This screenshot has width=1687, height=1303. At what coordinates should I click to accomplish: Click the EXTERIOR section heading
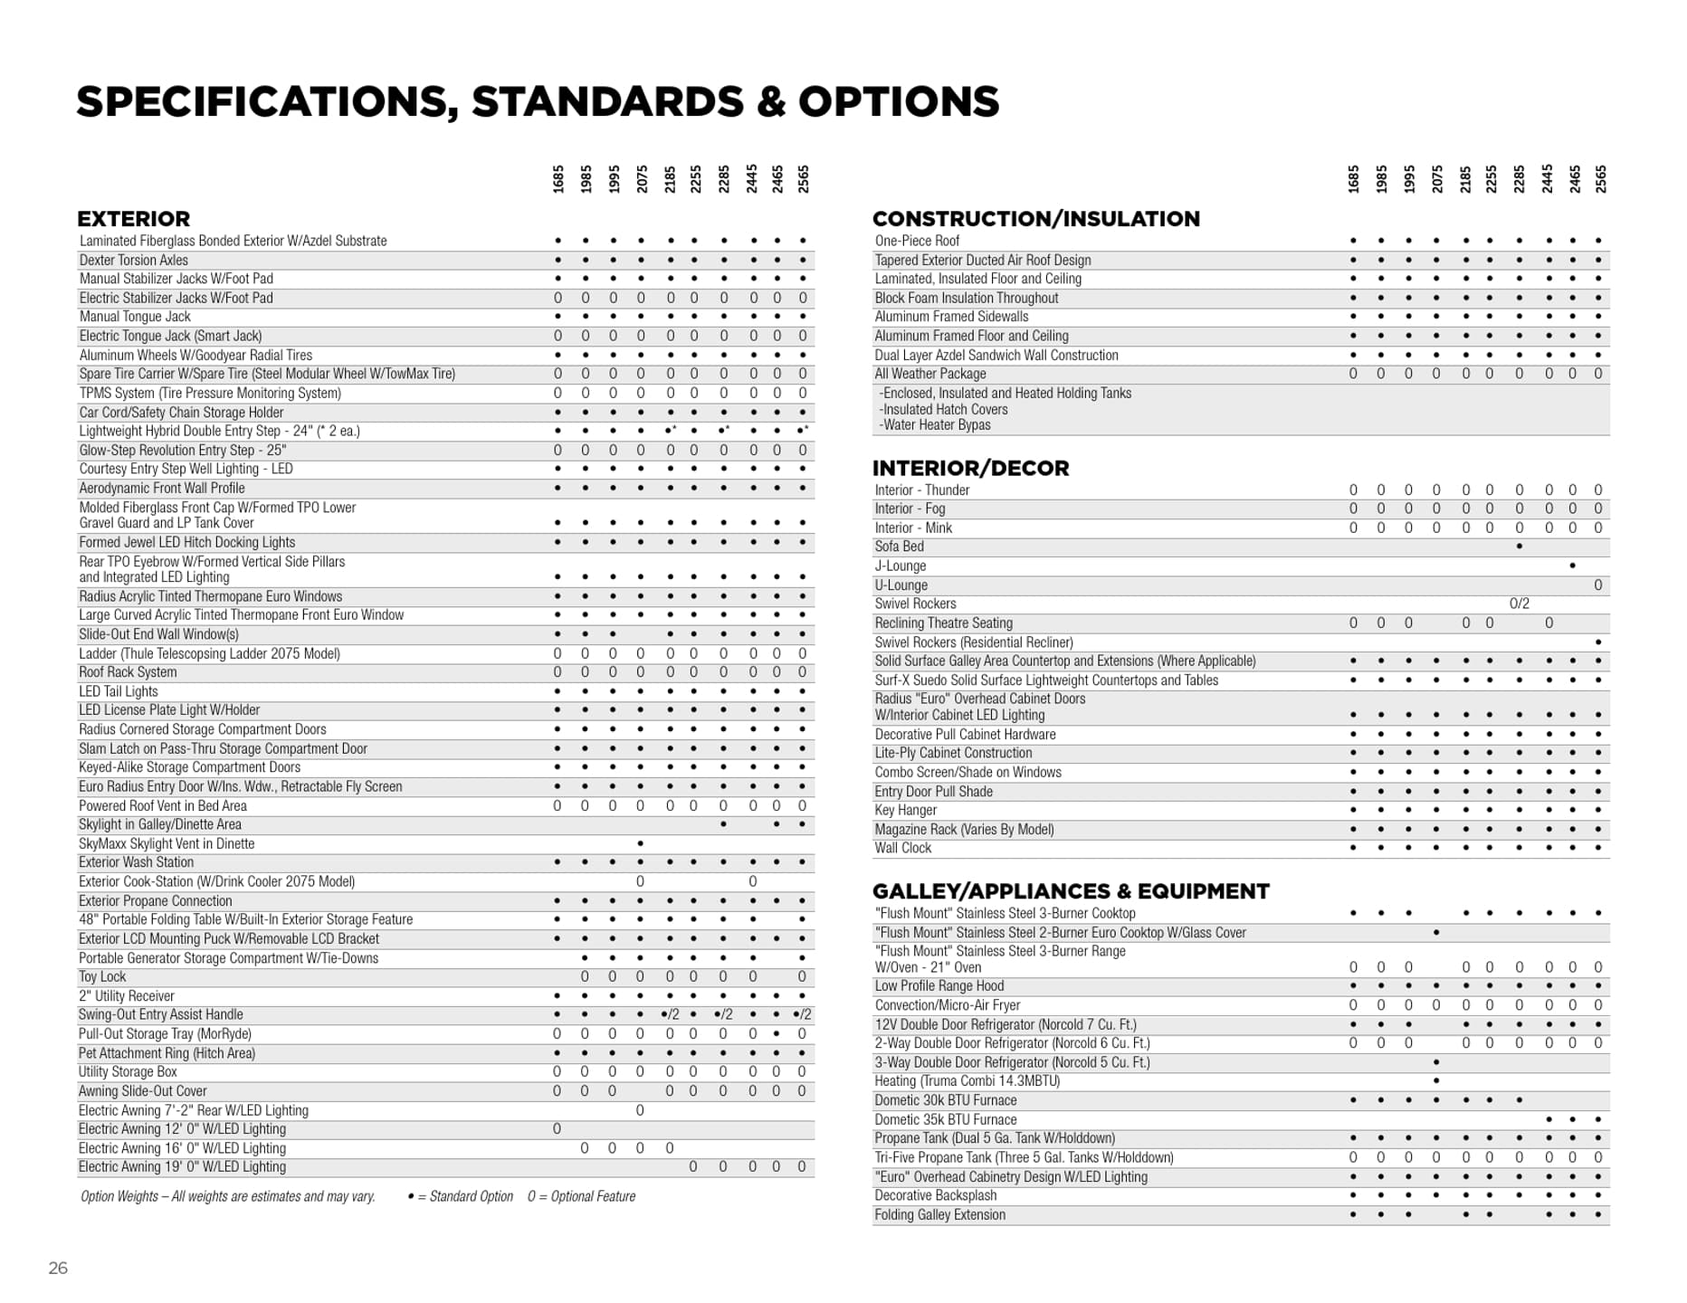[x=133, y=219]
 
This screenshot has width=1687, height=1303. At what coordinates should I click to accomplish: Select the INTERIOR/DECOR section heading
[x=970, y=468]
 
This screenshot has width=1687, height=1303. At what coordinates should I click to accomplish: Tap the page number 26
[x=58, y=1268]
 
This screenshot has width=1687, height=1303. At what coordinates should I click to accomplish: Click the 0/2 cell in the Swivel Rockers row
[x=1519, y=604]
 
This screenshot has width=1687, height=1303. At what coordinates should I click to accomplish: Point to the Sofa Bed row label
[x=899, y=547]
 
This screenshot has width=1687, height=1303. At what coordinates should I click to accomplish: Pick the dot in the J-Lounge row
[x=1572, y=566]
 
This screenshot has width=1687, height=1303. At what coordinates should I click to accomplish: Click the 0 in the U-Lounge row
[x=1597, y=585]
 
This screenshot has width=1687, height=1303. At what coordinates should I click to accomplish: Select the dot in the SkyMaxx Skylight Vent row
[x=640, y=843]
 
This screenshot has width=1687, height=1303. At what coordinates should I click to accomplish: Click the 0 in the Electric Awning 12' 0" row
[x=557, y=1129]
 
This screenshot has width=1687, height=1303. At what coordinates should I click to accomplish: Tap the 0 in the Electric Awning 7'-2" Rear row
[x=640, y=1110]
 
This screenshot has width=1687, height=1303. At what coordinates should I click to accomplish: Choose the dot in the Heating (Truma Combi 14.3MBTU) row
[x=1436, y=1081]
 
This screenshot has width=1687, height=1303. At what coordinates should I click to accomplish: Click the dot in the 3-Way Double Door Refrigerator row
[x=1436, y=1062]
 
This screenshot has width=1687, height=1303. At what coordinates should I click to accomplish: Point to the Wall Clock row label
[x=902, y=848]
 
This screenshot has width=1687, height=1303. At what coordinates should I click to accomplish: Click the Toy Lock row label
[x=102, y=976]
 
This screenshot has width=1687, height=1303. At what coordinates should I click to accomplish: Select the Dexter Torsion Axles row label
[x=134, y=260]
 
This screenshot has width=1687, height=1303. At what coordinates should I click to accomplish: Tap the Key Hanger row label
[x=905, y=810]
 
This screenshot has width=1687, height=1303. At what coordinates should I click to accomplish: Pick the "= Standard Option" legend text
[x=465, y=1196]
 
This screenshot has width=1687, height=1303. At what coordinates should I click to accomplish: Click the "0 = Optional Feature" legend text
[x=581, y=1196]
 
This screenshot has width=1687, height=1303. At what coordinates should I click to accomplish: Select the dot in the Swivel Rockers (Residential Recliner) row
[x=1597, y=642]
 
